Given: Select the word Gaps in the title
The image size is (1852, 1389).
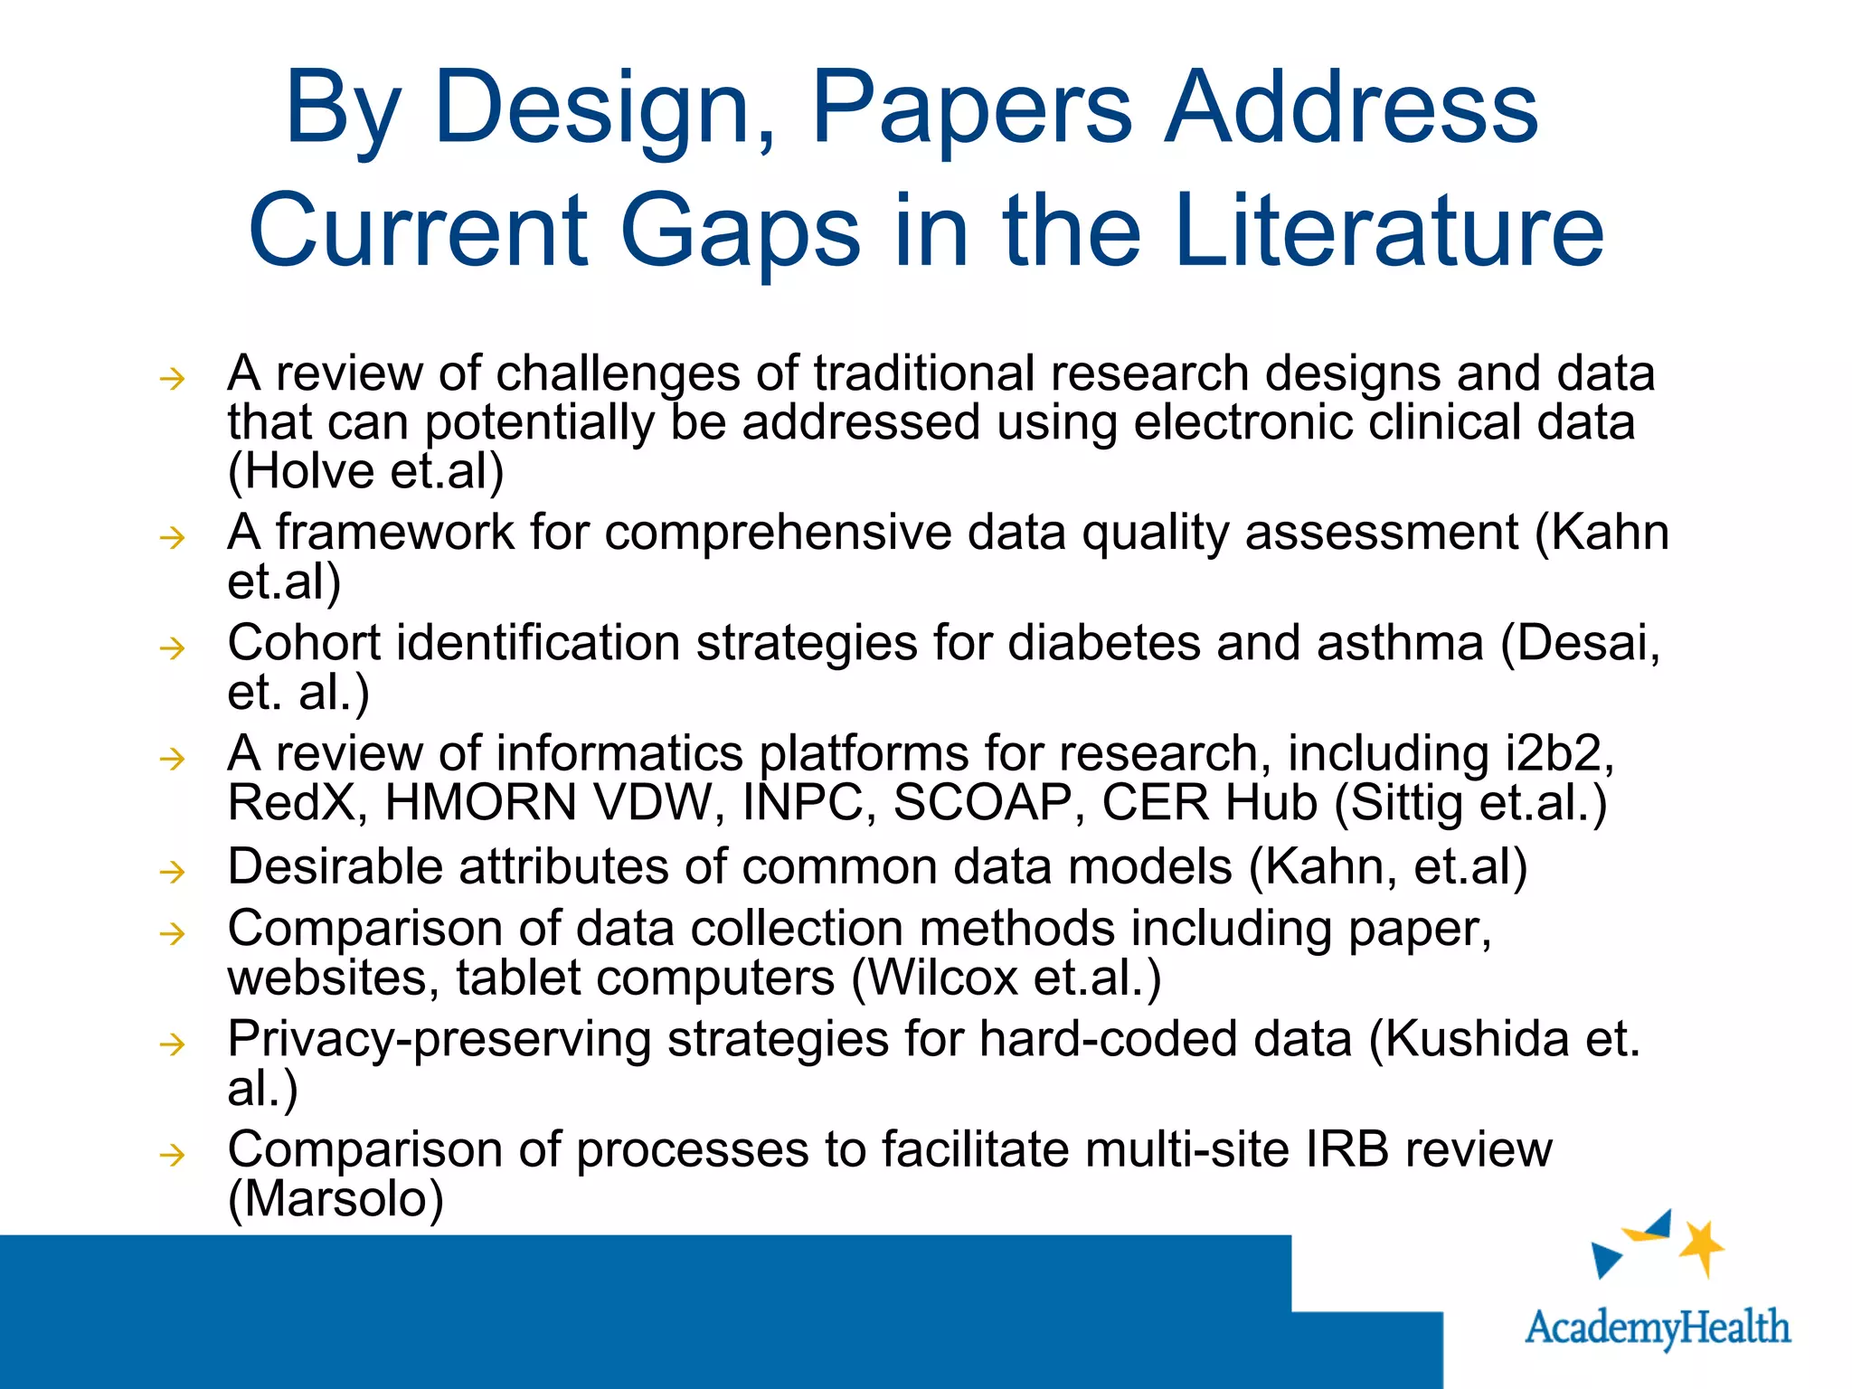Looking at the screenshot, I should coord(740,233).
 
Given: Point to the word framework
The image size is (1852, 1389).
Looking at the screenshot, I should coord(394,532).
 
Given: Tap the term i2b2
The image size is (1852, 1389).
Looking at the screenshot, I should coord(1557,753).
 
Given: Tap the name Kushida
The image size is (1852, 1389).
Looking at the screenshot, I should coord(1476,1039).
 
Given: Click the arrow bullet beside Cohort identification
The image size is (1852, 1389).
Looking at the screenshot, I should coord(172,647).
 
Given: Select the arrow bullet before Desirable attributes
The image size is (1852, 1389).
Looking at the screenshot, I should coord(172,872).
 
